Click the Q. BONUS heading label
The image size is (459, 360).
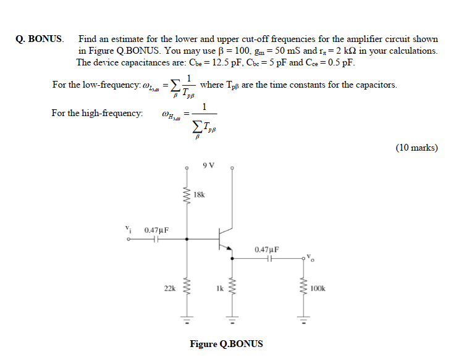coord(40,39)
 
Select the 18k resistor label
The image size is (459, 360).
coord(199,195)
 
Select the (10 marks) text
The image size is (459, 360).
coord(416,148)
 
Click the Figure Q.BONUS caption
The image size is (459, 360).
coord(226,344)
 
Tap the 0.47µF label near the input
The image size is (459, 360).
coord(156,230)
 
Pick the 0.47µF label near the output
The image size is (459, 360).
coord(267,249)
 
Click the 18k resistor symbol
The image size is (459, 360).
coord(183,195)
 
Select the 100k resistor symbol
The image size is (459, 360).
coord(303,288)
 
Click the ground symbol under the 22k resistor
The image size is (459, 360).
coord(183,320)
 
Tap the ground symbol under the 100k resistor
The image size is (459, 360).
coord(303,320)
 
